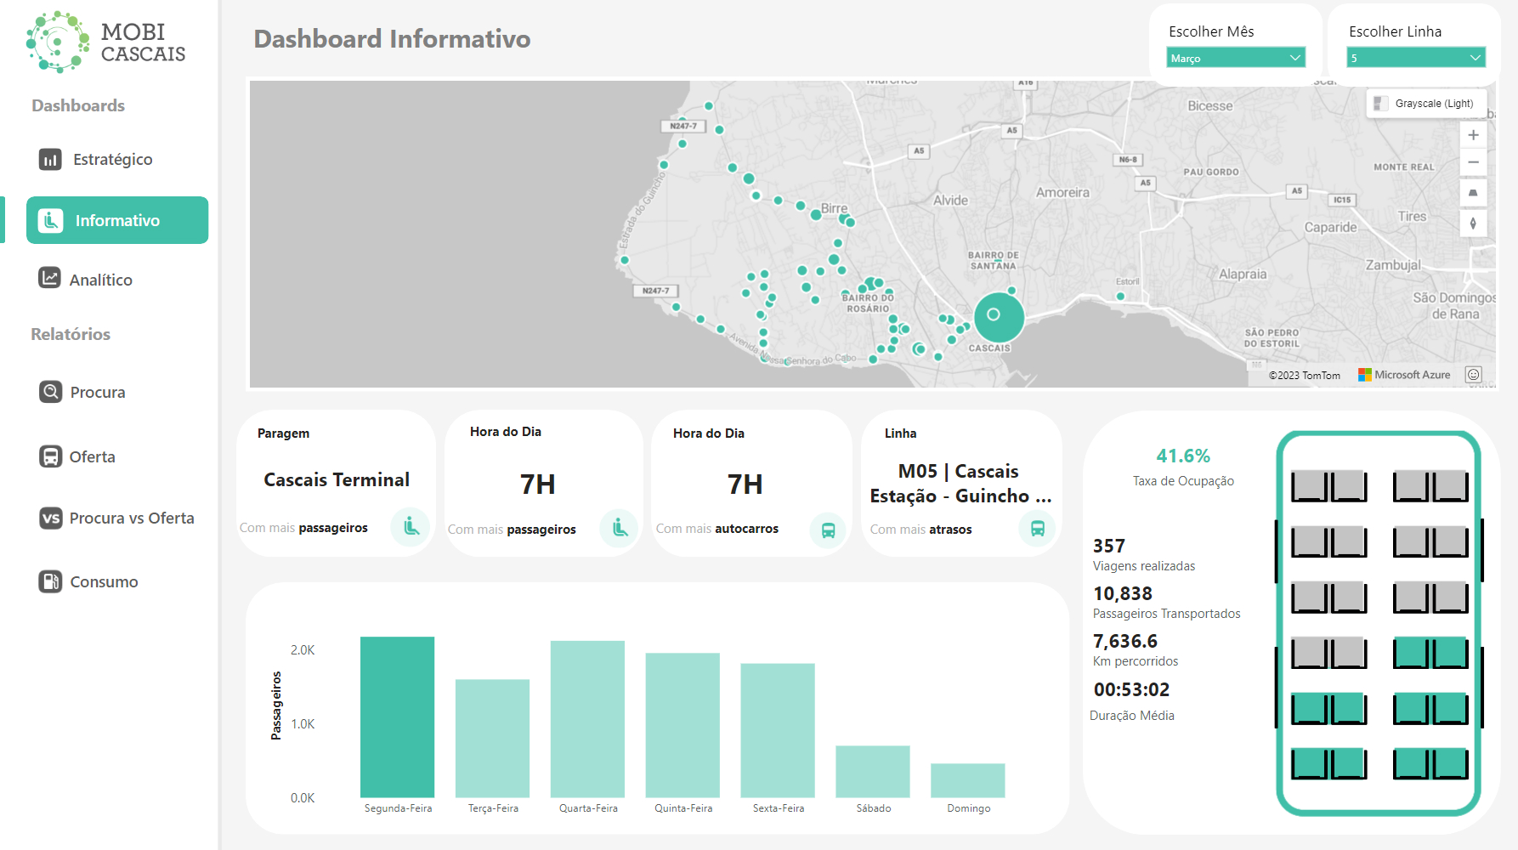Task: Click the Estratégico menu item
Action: tap(112, 160)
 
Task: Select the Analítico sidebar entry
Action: tap(100, 280)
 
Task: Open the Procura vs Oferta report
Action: tap(131, 518)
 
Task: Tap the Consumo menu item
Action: tap(103, 582)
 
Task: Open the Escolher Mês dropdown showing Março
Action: tap(1235, 58)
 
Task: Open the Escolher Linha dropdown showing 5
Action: tap(1415, 58)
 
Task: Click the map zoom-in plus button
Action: tap(1473, 135)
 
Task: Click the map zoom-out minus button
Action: tap(1473, 162)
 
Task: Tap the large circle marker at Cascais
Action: tap(998, 316)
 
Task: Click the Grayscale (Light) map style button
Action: tap(1425, 104)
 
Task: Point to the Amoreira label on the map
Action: tap(1062, 193)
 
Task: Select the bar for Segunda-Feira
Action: tap(397, 717)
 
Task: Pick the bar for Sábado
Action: tap(872, 771)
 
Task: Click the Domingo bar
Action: tap(967, 780)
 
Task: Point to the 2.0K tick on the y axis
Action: tap(303, 650)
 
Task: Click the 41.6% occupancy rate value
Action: tap(1182, 456)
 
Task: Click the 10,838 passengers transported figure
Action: tap(1122, 594)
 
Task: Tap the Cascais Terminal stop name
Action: tap(337, 480)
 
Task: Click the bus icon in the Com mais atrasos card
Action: tap(1037, 529)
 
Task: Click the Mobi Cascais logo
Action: tap(105, 42)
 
